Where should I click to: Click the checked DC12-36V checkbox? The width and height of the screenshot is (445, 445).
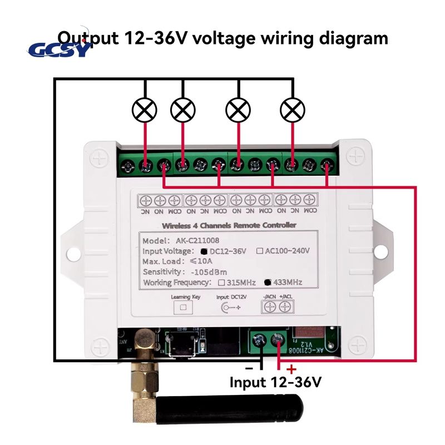212,251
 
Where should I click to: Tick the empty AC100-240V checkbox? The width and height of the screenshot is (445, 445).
259,251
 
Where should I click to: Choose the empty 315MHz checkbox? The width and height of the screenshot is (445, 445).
221,283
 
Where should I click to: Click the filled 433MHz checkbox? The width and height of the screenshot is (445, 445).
268,283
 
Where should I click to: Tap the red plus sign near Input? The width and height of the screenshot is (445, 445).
291,369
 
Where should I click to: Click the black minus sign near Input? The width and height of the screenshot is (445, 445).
250,368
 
